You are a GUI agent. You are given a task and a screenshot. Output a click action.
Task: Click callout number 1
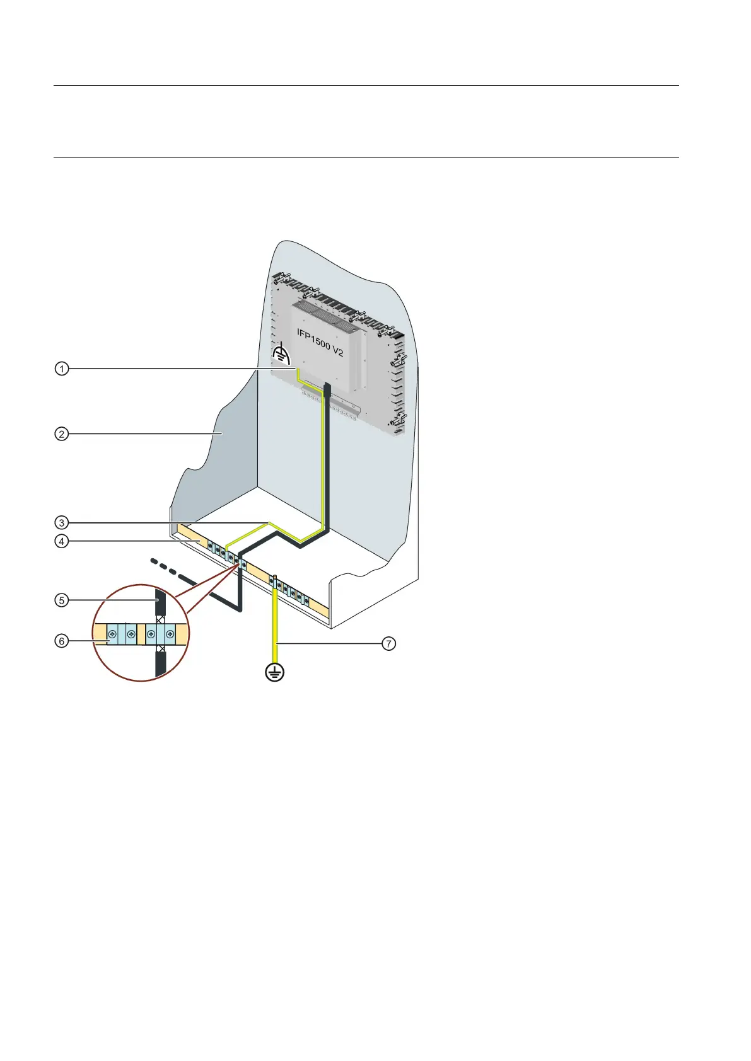click(x=61, y=369)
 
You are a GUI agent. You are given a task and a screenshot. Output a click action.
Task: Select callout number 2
click(x=61, y=434)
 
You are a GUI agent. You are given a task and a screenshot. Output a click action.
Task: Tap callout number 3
click(x=61, y=522)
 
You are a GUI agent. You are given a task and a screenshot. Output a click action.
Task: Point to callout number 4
click(x=61, y=541)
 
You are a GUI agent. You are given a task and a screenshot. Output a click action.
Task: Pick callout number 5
click(x=61, y=600)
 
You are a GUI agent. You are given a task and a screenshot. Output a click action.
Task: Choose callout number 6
click(x=61, y=641)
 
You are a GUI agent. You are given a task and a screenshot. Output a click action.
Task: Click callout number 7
click(x=390, y=643)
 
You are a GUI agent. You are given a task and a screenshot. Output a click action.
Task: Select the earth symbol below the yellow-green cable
click(x=275, y=672)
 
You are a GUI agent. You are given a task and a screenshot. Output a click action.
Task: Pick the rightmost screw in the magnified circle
click(x=169, y=635)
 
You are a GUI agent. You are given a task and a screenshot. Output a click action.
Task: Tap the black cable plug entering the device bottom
click(x=327, y=388)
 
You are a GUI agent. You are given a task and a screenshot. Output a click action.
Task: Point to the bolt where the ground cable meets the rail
click(x=274, y=578)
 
